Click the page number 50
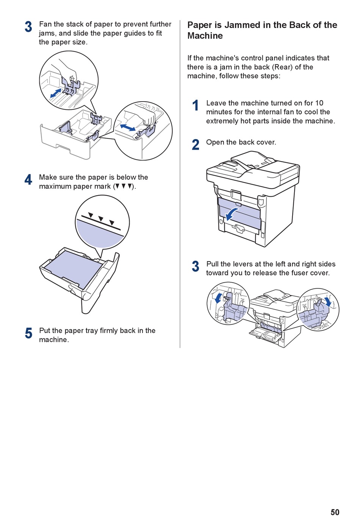click(x=335, y=512)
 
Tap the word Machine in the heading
click(x=205, y=36)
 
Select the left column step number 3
click(x=28, y=27)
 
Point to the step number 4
click(x=28, y=180)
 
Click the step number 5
click(x=28, y=333)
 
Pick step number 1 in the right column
click(x=196, y=106)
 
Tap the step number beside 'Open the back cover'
click(x=196, y=145)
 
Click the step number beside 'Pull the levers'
click(x=196, y=266)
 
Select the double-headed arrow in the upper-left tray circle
click(x=55, y=93)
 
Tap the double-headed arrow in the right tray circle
click(x=127, y=127)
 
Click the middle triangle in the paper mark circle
click(x=101, y=218)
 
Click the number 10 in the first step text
click(x=319, y=103)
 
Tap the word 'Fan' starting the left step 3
click(x=45, y=24)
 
